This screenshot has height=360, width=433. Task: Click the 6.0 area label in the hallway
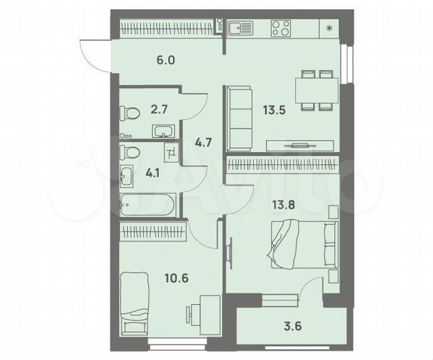165,60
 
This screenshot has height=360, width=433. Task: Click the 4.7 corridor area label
201,141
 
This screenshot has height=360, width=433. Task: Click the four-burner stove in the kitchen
281,28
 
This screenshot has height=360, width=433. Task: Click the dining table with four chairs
315,89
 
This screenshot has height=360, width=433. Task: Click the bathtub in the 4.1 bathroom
148,204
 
